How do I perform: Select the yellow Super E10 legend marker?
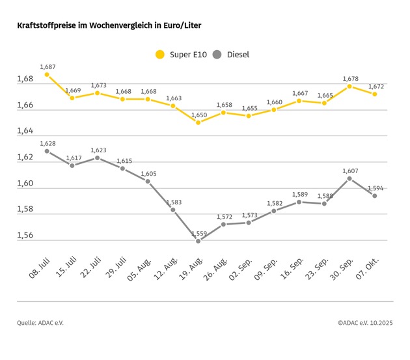(x=159, y=55)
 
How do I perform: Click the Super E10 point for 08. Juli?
(x=47, y=74)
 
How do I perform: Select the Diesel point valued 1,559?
(x=198, y=241)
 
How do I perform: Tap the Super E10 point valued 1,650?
(x=198, y=122)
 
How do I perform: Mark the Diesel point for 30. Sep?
(x=349, y=178)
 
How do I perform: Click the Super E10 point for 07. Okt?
(x=374, y=94)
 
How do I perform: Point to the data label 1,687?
(x=48, y=66)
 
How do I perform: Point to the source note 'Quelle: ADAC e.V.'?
(x=40, y=323)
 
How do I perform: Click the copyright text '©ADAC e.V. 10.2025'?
(x=366, y=323)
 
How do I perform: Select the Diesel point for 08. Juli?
(x=47, y=151)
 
